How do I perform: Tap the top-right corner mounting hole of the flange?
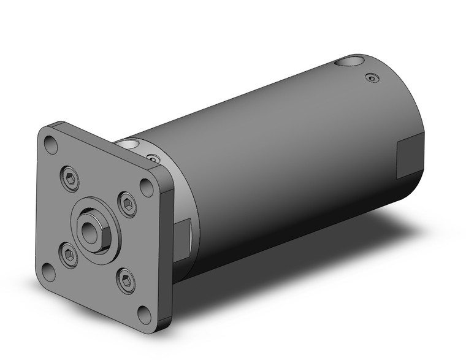pos(147,187)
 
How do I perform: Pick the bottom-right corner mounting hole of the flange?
pos(144,315)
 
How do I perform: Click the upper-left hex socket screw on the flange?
pos(71,179)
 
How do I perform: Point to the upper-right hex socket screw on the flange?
pos(128,204)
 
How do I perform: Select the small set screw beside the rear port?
pos(370,77)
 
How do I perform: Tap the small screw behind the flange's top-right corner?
pos(154,159)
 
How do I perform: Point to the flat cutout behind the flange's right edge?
pos(182,236)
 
